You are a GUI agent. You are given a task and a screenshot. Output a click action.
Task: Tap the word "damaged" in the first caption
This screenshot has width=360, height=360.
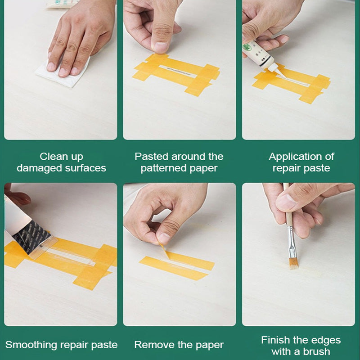click(x=39, y=168)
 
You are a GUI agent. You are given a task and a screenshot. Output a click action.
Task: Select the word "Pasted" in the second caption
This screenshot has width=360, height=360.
click(x=152, y=157)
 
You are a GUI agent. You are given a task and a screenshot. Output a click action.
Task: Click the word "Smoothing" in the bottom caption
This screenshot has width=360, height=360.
click(x=30, y=345)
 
